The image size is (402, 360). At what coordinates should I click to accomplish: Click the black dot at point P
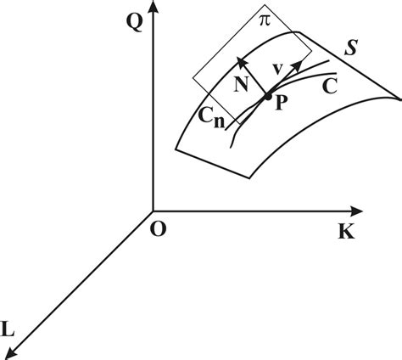pos(268,97)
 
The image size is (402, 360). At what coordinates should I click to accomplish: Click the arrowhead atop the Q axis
pos(153,8)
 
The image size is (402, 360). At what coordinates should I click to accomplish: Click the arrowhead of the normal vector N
pos(242,59)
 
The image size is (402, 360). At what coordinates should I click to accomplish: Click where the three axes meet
pos(153,210)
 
